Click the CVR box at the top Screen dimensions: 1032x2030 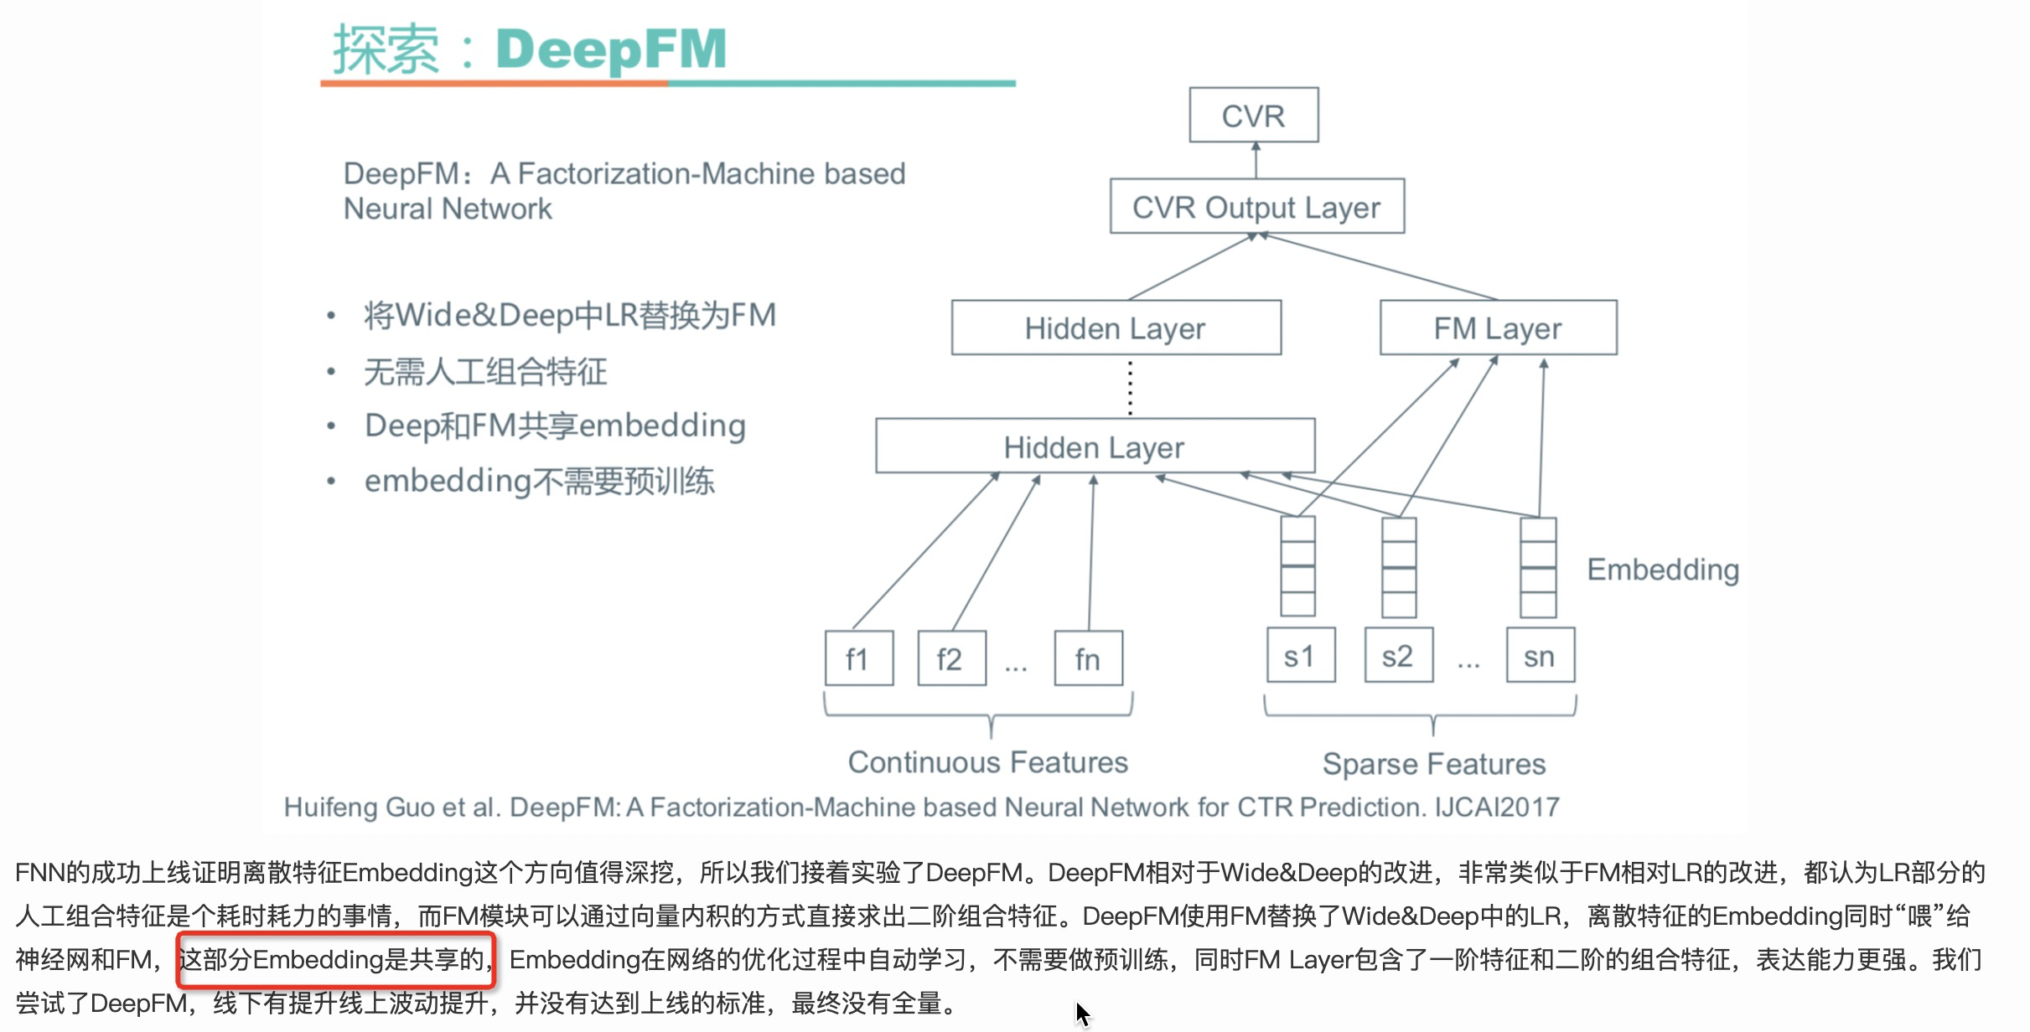tap(1253, 116)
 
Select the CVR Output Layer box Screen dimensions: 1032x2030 tap(1256, 207)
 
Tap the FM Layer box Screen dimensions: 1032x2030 tap(1498, 328)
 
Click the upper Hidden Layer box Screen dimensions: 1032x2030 tap(1116, 328)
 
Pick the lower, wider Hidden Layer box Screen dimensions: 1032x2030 tap(1095, 446)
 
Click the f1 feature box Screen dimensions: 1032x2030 tap(858, 658)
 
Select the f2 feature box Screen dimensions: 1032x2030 tap(950, 658)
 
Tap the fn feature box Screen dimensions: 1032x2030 tap(1088, 658)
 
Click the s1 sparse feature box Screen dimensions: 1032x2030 tap(1300, 656)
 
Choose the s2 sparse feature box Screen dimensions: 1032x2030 tap(1398, 656)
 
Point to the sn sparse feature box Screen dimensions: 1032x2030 tap(1540, 656)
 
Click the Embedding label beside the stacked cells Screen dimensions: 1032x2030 tap(1663, 570)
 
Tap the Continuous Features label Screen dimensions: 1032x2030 tap(987, 762)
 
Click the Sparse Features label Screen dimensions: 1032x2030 tap(1433, 764)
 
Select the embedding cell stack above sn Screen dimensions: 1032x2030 tap(1538, 568)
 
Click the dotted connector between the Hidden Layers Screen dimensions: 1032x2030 tap(1130, 387)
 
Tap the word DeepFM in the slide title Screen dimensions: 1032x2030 tap(611, 49)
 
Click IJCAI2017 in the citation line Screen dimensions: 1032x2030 tap(1497, 807)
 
